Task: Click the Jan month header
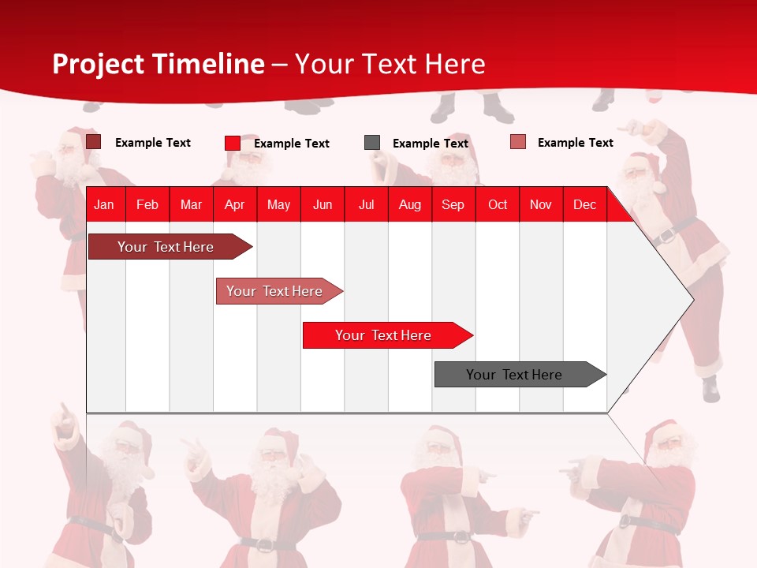coord(104,204)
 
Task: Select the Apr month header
coord(234,204)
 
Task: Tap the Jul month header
coord(366,204)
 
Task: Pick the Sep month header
coord(453,204)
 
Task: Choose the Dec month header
coord(584,204)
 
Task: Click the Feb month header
coord(147,204)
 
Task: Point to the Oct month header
coord(498,204)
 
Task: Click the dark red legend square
coord(93,142)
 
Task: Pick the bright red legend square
coord(233,143)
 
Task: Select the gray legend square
coord(372,143)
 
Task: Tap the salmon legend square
coord(518,142)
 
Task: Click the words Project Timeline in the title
coord(158,64)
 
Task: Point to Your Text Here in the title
coord(390,64)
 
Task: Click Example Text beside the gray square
coord(431,144)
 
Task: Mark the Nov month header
coord(541,204)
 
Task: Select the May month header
coord(278,204)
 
